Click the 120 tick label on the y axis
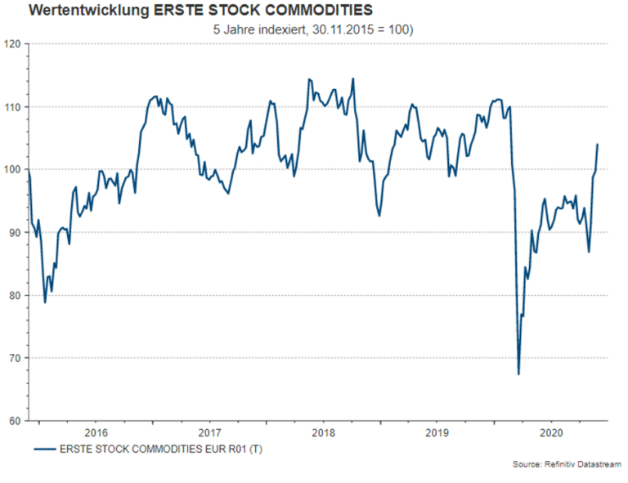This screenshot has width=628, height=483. click(12, 44)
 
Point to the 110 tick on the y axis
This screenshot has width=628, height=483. click(12, 107)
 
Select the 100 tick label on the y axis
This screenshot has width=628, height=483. click(12, 170)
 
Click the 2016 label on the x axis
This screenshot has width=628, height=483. click(96, 432)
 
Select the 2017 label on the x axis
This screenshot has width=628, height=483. click(210, 432)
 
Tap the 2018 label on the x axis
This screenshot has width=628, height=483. click(325, 432)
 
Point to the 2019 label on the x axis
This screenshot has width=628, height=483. click(437, 432)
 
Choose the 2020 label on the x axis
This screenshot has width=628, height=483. click(552, 432)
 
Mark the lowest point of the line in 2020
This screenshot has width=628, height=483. click(519, 374)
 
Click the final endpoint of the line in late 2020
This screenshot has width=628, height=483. click(597, 145)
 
